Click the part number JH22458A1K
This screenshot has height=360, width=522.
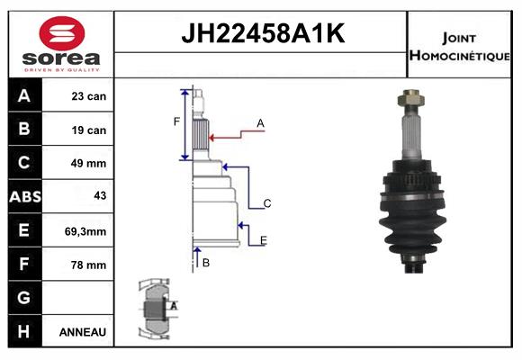263,33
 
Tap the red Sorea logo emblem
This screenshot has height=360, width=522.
62,33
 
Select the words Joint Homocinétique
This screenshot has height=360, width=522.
459,47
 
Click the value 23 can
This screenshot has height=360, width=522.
88,96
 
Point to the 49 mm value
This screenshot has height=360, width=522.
88,163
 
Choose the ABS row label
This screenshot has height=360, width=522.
25,197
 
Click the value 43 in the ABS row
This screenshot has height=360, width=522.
100,195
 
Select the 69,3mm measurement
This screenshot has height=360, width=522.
85,231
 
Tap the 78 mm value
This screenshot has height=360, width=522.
88,265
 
